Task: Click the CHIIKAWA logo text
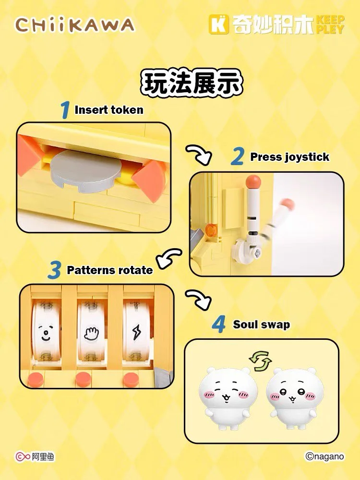[x=74, y=25]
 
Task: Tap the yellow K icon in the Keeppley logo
[x=218, y=24]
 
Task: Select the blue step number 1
[x=65, y=110]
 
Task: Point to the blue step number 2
[x=238, y=156]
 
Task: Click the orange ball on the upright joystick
[x=253, y=180]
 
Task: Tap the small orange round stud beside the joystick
[x=211, y=230]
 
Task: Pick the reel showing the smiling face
[x=46, y=332]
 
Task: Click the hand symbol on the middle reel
[x=91, y=334]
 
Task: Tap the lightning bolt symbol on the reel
[x=136, y=332]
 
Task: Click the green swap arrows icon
[x=260, y=361]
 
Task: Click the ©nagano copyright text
[x=324, y=456]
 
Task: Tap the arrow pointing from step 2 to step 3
[x=168, y=258]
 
